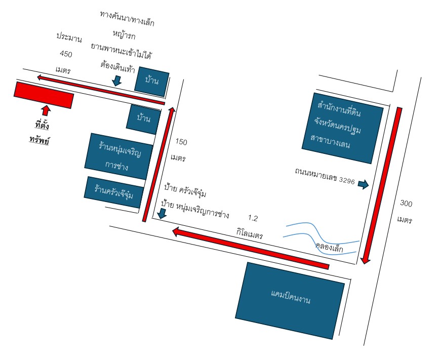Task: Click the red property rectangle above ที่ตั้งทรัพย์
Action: [44, 95]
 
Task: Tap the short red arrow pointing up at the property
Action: [46, 110]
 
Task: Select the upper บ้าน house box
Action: [152, 82]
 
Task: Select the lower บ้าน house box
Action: [144, 119]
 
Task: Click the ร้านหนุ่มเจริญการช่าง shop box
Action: [119, 156]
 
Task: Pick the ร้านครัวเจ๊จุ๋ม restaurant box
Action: [114, 192]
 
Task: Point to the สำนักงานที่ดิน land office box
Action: [342, 128]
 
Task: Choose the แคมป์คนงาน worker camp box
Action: [290, 300]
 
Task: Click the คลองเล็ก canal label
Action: [329, 247]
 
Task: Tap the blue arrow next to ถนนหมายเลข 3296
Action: [364, 184]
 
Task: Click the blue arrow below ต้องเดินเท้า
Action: [117, 81]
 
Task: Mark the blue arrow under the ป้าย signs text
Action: [162, 214]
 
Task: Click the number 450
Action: [66, 54]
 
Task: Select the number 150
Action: [181, 142]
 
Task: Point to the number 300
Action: [406, 203]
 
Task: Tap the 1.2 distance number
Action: [253, 218]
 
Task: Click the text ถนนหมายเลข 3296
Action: [325, 176]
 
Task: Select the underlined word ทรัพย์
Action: [39, 139]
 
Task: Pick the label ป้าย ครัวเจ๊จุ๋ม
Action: [185, 190]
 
